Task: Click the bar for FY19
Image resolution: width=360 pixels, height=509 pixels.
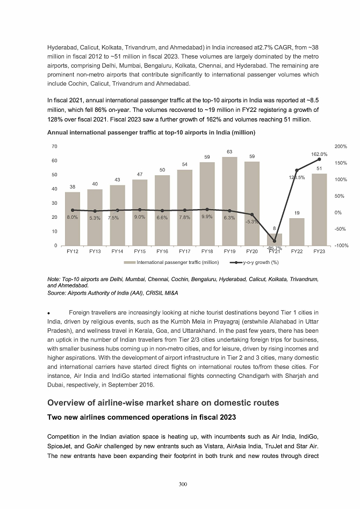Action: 229,202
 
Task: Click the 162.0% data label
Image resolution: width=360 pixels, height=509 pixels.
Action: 320,154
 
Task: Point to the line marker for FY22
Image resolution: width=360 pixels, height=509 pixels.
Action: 297,170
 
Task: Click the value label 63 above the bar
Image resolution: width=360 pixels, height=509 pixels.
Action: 229,152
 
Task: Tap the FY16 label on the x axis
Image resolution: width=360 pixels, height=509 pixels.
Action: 162,251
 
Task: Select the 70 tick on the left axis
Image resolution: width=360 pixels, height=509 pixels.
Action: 54,147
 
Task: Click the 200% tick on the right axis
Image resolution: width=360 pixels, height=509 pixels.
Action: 341,147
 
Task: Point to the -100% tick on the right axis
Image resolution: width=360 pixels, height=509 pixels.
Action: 341,246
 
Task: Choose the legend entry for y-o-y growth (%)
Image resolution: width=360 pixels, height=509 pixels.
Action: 254,262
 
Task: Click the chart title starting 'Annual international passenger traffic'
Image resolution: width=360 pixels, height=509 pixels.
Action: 151,132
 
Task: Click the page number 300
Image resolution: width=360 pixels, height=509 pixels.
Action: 183,484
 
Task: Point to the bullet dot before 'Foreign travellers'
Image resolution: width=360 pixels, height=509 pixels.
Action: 49,313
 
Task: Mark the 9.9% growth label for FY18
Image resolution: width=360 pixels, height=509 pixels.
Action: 207,217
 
